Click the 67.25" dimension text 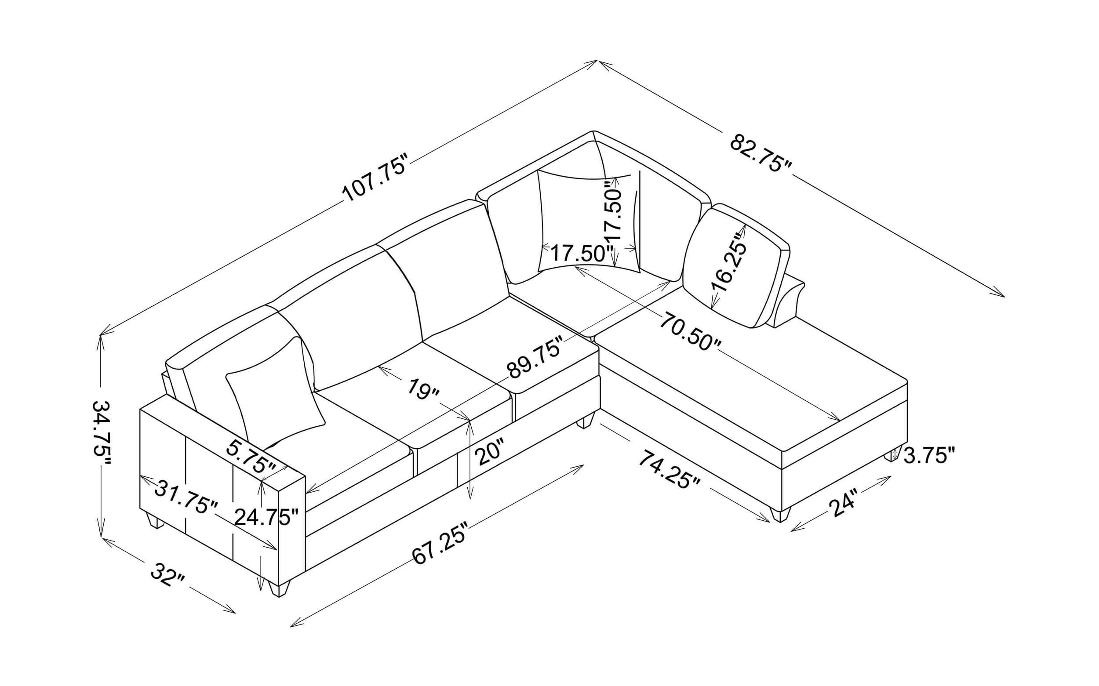click(440, 543)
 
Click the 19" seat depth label click(423, 390)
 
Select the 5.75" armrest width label click(251, 457)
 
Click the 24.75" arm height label click(267, 517)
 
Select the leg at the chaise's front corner click(780, 514)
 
